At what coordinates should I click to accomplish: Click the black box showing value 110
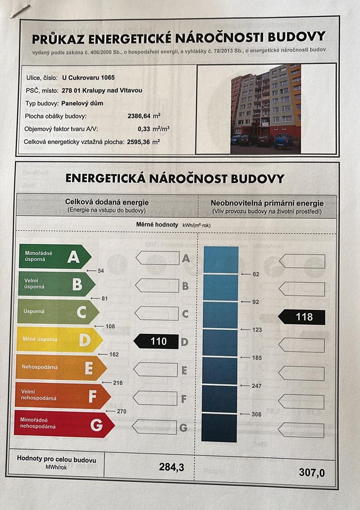tap(156, 341)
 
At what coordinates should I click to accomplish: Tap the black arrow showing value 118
tap(302, 317)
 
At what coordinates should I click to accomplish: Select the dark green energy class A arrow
tap(54, 257)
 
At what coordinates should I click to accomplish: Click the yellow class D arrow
tap(58, 340)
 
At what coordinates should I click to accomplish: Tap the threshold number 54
tap(101, 271)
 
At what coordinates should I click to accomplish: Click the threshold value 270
tap(121, 411)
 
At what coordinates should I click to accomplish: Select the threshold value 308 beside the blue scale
tap(257, 414)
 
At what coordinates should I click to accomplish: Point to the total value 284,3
tap(171, 467)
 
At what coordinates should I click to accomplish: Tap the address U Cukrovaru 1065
tap(88, 77)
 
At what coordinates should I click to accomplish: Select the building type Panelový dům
tap(82, 103)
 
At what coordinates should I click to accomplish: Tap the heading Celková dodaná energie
tap(106, 202)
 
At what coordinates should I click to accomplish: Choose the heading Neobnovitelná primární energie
tap(267, 203)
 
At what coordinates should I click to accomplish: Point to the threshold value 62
tap(256, 274)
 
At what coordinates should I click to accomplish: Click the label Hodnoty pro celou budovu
tap(56, 459)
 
